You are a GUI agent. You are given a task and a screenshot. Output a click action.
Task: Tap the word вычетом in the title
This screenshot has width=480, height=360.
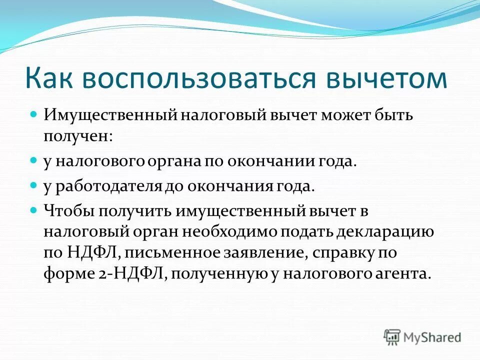[390, 79]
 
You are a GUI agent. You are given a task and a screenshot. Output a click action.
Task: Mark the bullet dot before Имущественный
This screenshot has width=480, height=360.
[34, 114]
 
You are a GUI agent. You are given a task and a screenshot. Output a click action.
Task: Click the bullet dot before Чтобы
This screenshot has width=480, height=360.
[34, 209]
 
